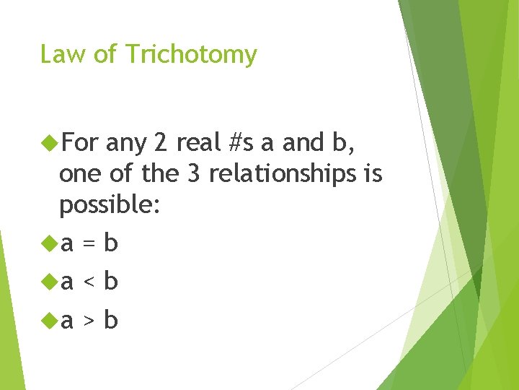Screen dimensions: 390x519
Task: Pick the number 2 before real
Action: (x=159, y=144)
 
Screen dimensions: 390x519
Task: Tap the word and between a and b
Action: (x=303, y=144)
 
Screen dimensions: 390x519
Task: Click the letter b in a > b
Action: (x=111, y=319)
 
